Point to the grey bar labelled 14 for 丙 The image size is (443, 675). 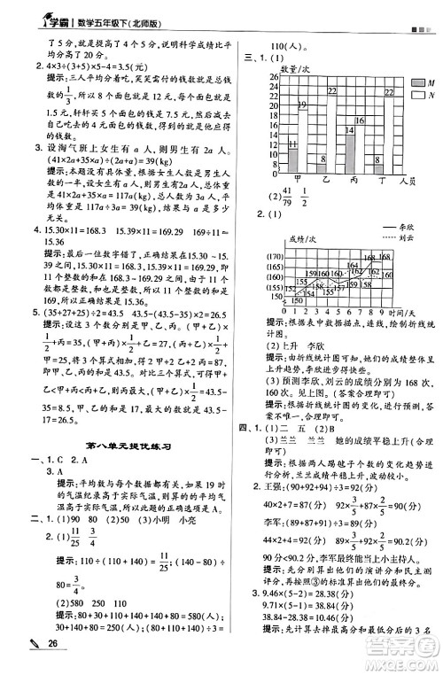pos(350,148)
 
